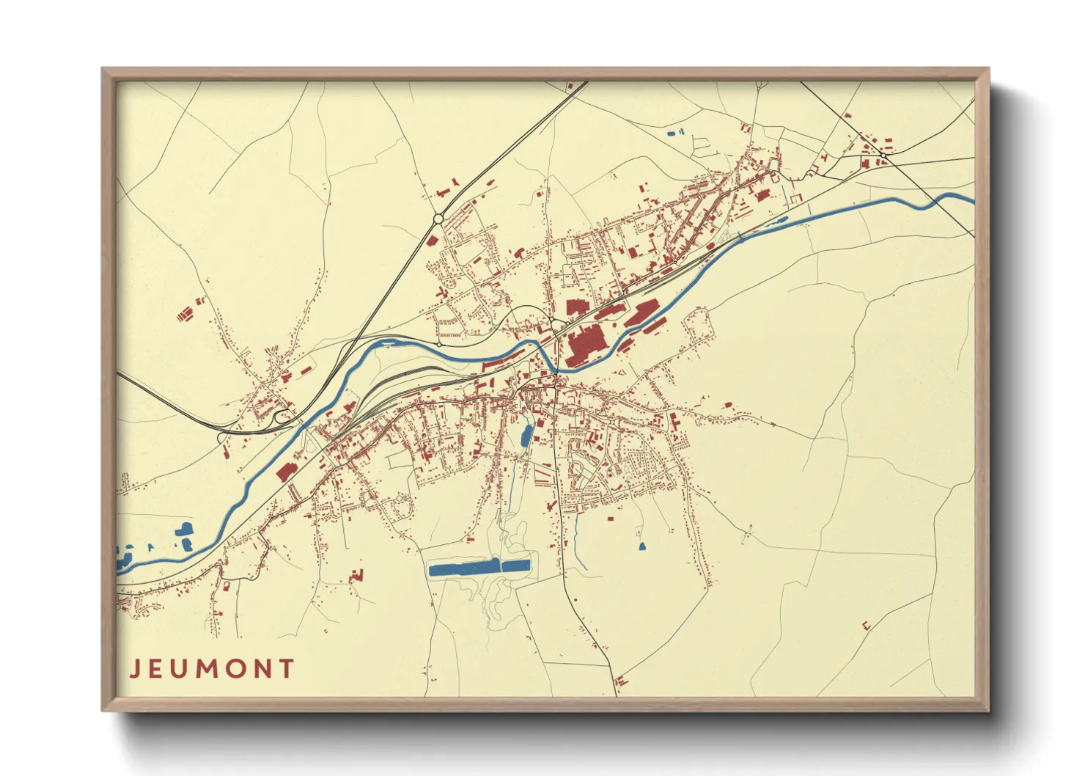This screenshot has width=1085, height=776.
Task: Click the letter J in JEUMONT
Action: (135, 669)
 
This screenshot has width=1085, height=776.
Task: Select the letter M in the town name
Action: (211, 669)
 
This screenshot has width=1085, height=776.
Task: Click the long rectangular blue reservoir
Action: (479, 567)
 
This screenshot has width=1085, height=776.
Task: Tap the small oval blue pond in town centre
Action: (526, 436)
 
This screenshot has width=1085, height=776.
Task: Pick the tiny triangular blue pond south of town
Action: (642, 546)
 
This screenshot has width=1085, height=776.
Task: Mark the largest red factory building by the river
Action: (584, 346)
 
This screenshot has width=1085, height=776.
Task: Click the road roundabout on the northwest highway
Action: (438, 218)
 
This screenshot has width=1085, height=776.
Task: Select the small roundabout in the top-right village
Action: (885, 155)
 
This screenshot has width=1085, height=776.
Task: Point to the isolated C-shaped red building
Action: (866, 626)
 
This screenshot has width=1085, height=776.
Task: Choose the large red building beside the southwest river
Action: (284, 471)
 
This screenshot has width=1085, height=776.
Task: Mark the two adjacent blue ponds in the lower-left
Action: (184, 536)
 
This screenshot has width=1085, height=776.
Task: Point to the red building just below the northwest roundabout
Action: (432, 239)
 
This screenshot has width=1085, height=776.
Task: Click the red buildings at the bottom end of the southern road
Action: (620, 681)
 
